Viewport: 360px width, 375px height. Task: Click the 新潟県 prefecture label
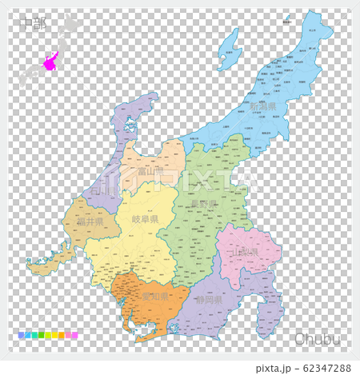click(262, 106)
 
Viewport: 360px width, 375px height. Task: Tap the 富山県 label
click(150, 171)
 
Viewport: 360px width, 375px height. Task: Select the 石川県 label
click(102, 193)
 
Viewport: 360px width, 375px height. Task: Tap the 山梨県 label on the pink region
click(244, 252)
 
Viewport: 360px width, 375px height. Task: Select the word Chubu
click(317, 338)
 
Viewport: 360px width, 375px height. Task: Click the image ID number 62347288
click(318, 368)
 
